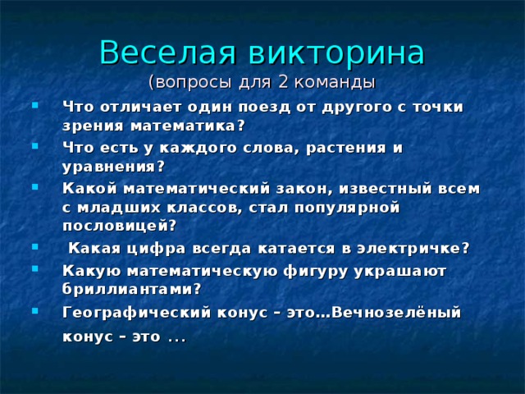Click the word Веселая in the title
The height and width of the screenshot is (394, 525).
click(167, 53)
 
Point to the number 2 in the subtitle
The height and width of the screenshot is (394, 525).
click(282, 82)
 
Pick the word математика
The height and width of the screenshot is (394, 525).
click(184, 126)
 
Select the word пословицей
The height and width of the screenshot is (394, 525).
click(116, 226)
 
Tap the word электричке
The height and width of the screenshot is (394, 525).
click(409, 249)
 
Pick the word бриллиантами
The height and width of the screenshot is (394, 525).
click(128, 289)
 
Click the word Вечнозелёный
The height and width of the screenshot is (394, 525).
click(396, 312)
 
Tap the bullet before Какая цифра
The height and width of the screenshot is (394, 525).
click(35, 247)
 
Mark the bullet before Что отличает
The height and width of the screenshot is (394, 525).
click(35, 106)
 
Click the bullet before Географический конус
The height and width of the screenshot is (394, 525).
click(35, 311)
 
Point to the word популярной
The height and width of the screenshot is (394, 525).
click(347, 208)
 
